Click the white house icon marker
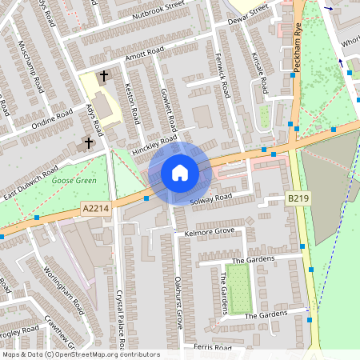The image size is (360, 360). tap(180, 172)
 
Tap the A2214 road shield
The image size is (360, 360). tap(96, 207)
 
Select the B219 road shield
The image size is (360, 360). tap(297, 197)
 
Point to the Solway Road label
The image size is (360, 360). tap(212, 198)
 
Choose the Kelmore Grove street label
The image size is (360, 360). tap(209, 231)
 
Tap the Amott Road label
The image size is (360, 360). tap(143, 53)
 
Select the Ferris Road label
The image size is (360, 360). tap(212, 348)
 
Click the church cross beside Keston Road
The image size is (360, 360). tap(103, 77)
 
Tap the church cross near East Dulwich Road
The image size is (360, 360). tap(88, 143)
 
